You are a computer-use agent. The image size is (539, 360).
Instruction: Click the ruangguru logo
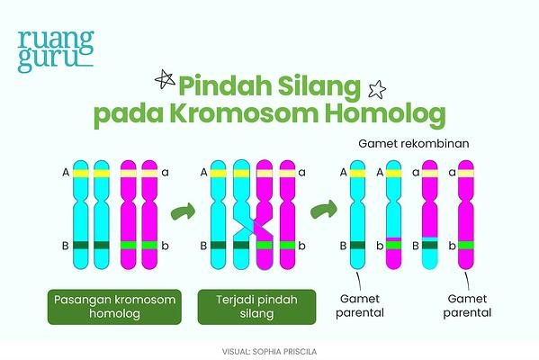point(56,51)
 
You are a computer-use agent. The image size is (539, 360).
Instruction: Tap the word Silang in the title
point(319,87)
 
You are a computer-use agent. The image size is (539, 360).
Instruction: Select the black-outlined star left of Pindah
point(165,79)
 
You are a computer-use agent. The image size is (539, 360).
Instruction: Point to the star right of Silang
point(377,89)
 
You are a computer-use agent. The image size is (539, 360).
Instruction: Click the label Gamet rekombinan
point(414,143)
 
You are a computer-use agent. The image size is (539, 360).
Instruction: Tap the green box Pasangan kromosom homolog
point(114,307)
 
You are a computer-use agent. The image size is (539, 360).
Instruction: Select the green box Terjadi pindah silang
point(256,307)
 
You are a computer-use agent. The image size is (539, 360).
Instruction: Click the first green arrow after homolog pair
point(183,211)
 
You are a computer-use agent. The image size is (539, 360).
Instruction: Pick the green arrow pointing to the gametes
point(323,210)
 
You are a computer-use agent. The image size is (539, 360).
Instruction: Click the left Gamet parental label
point(360,306)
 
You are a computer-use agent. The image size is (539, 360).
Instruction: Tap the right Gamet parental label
point(467,306)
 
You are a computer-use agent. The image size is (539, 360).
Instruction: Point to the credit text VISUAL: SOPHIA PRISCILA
point(269,352)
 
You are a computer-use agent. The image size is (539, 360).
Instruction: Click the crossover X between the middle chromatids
point(254,228)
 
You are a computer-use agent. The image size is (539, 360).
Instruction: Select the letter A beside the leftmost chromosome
point(66,173)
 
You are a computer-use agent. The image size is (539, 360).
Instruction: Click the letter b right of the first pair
point(165,246)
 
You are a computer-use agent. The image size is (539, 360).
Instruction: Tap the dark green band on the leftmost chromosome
point(81,245)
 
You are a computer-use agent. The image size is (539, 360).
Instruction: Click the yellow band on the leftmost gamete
point(357,174)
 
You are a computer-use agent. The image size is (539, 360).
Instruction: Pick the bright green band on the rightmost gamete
point(466,245)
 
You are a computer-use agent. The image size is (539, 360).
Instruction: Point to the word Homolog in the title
point(385,114)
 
